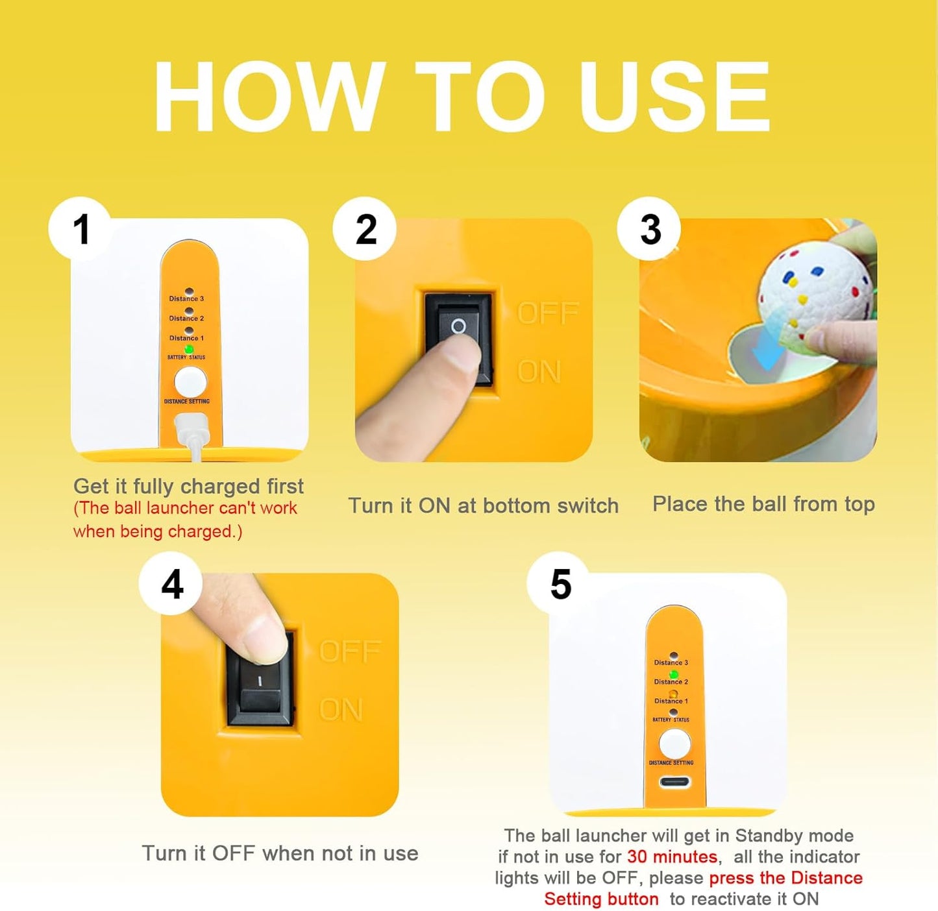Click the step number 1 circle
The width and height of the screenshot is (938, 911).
coord(80,229)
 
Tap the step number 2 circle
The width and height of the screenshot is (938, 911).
coord(365,229)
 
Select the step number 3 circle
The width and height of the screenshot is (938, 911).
coord(649,229)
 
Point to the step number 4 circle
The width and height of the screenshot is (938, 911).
coord(171,584)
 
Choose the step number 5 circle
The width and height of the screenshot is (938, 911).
coord(559,584)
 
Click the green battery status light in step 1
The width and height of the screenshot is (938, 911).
coord(189,349)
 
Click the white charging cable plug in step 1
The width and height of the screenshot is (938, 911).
coord(192,431)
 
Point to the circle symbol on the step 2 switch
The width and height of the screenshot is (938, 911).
coord(458,326)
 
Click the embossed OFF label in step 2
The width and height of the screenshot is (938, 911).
coord(548,313)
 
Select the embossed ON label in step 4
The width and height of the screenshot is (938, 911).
coord(341,710)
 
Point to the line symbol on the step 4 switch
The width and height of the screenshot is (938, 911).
coord(260,681)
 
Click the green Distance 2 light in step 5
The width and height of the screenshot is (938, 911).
coord(674,674)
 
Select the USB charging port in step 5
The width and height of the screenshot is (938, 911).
coord(675,781)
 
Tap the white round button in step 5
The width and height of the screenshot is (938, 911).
coord(674,744)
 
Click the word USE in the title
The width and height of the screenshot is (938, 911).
coord(674,96)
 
